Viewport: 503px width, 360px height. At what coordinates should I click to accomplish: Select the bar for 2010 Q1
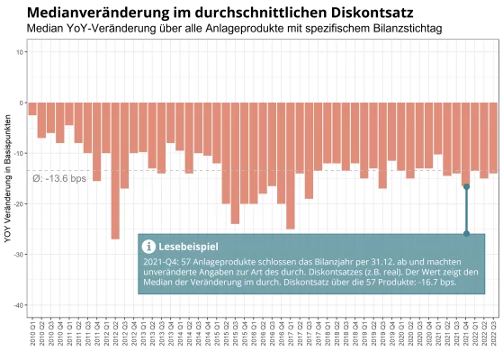click(x=32, y=109)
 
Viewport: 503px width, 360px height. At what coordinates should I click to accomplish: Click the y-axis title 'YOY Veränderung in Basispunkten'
click(x=7, y=171)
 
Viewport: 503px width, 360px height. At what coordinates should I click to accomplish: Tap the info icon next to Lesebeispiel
click(x=148, y=245)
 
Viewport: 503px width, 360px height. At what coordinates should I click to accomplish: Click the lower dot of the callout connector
click(x=466, y=233)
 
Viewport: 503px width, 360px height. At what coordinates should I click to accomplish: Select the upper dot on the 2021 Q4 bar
click(x=466, y=186)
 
